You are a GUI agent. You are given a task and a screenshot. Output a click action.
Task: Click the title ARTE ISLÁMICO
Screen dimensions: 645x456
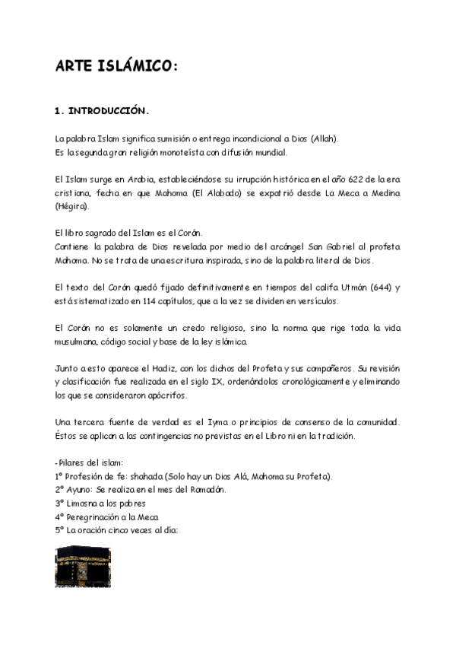(x=116, y=67)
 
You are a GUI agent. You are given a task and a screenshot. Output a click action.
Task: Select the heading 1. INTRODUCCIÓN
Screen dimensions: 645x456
(x=102, y=111)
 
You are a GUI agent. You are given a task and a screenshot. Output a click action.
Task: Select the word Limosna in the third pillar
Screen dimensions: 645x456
(x=84, y=503)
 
